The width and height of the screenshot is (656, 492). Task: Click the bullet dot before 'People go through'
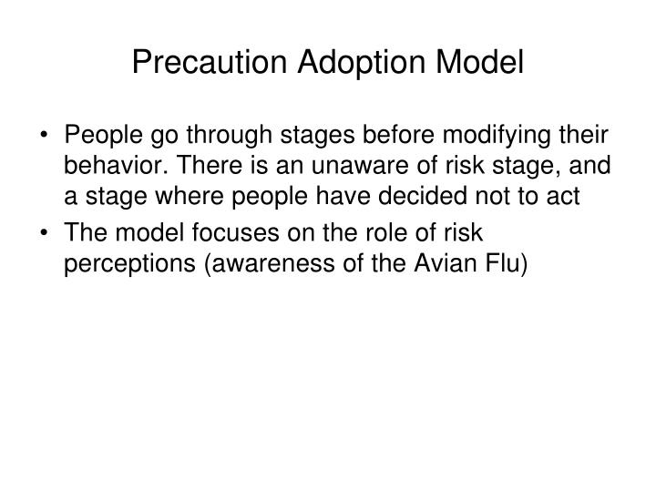(45, 137)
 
